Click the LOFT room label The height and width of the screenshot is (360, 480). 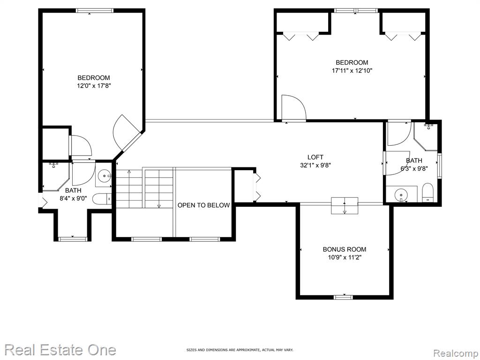(x=315, y=157)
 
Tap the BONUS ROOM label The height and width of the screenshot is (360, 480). (x=345, y=249)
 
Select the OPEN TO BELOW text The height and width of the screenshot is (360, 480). (x=203, y=205)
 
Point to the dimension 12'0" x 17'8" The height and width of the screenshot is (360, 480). (x=93, y=86)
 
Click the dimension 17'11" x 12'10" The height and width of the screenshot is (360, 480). (x=352, y=71)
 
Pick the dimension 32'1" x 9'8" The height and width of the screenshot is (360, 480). (x=315, y=165)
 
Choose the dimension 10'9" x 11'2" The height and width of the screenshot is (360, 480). (x=345, y=257)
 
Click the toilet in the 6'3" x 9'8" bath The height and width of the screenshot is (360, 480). (x=427, y=193)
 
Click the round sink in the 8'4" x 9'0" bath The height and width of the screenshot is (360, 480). (x=105, y=176)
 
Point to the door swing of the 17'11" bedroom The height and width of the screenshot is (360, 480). (x=294, y=107)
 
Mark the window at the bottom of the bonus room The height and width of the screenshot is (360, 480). (x=343, y=297)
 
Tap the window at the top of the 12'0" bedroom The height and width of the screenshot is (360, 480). (x=95, y=10)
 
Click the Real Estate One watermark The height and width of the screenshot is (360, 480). (x=60, y=350)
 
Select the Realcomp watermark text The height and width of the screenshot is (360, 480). (x=456, y=353)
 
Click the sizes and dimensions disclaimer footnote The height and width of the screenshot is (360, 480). (x=240, y=350)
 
